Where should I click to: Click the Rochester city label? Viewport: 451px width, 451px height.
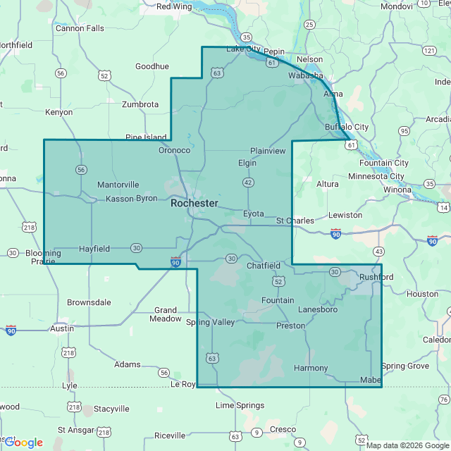pyautogui.click(x=194, y=203)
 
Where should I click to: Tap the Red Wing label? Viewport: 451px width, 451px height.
pyautogui.click(x=173, y=6)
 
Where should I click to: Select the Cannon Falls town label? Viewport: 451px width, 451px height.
pyautogui.click(x=80, y=29)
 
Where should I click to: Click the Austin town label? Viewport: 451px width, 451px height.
pyautogui.click(x=62, y=328)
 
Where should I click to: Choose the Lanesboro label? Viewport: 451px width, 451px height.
pyautogui.click(x=318, y=309)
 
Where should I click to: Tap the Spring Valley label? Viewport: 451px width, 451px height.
pyautogui.click(x=210, y=322)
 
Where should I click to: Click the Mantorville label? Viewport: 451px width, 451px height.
pyautogui.click(x=118, y=185)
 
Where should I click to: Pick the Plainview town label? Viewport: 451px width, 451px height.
pyautogui.click(x=268, y=151)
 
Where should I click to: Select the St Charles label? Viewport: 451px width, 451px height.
pyautogui.click(x=295, y=221)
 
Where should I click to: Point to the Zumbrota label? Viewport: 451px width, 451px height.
pyautogui.click(x=140, y=104)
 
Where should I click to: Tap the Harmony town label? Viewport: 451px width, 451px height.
pyautogui.click(x=311, y=368)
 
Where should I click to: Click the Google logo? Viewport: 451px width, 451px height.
pyautogui.click(x=24, y=443)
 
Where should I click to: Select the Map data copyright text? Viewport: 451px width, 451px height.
pyautogui.click(x=407, y=445)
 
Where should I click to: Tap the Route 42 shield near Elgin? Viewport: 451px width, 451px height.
pyautogui.click(x=248, y=183)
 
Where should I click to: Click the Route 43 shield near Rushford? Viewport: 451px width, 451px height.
pyautogui.click(x=379, y=252)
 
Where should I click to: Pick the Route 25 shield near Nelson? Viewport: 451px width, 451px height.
pyautogui.click(x=309, y=25)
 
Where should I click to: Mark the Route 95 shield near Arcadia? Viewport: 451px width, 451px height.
pyautogui.click(x=404, y=131)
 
